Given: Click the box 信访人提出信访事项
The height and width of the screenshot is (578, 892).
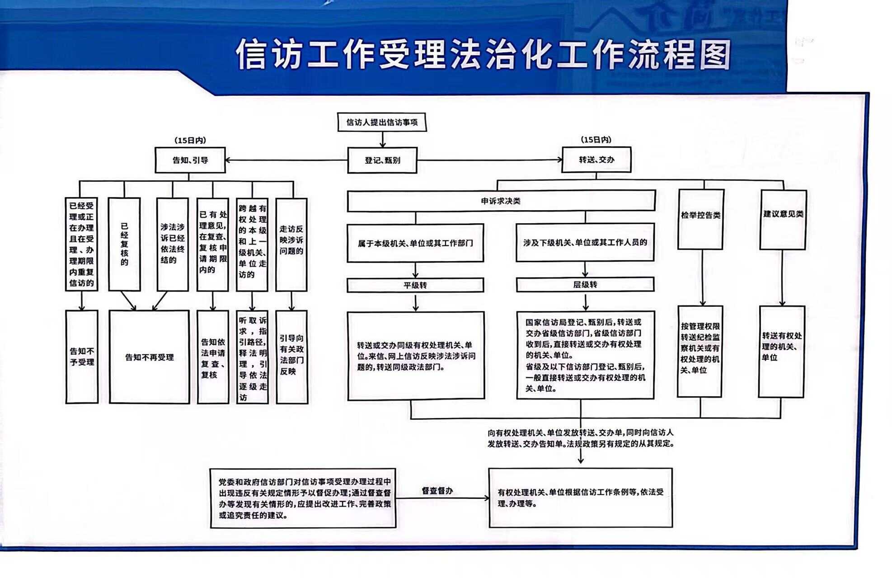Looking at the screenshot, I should [382, 122].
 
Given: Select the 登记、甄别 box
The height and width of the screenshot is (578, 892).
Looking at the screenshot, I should [382, 160].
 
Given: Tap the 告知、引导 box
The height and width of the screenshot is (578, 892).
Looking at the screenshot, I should [190, 160].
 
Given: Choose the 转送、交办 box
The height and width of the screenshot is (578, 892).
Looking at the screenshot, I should [596, 160].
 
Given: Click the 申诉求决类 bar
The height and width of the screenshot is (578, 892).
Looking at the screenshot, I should [501, 201].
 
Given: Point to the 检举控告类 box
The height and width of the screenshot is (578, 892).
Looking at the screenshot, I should [701, 219].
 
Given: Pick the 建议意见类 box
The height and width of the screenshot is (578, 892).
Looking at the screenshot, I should [783, 219].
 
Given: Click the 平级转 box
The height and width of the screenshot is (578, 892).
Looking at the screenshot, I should [415, 285].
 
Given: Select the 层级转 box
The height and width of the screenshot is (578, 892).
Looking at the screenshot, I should [585, 285].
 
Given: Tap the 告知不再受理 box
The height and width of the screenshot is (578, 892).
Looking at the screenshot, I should [149, 357].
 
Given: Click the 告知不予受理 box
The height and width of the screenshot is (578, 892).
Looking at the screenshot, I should [82, 357].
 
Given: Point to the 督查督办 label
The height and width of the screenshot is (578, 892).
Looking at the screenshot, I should [437, 491].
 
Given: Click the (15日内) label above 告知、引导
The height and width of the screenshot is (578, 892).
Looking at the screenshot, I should [190, 141].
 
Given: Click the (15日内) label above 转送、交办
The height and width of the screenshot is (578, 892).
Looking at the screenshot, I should [596, 140].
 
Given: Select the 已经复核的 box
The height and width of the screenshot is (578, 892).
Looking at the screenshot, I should [124, 244].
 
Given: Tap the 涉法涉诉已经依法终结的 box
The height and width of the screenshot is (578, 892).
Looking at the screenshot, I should [173, 244].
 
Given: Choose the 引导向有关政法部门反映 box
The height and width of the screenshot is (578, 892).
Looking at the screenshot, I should [292, 357].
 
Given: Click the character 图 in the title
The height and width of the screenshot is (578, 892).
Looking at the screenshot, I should [715, 55].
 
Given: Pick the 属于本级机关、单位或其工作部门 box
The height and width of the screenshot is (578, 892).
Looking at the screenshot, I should [415, 243].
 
